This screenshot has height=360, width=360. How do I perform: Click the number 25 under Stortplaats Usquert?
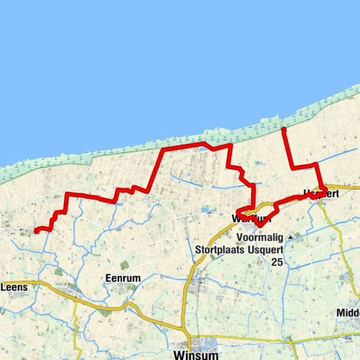tap(277, 262)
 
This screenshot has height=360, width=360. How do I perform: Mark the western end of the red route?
tap(35, 231)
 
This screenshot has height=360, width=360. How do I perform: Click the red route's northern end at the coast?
tap(283, 130)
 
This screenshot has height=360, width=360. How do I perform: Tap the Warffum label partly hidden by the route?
tap(250, 218)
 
